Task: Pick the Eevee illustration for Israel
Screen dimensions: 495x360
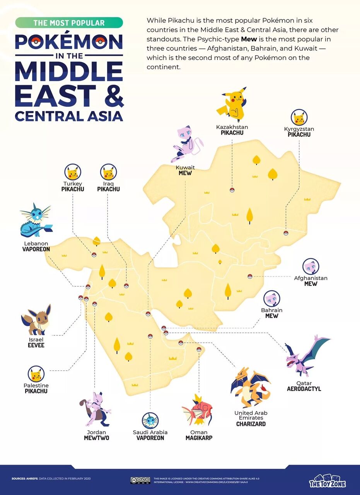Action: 36,320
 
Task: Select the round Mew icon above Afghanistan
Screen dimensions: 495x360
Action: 311,267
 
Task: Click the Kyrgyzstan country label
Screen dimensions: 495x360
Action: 299,129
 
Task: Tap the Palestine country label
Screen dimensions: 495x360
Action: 36,386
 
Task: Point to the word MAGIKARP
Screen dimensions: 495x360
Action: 199,438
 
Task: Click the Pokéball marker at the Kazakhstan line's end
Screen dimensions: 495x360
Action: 232,189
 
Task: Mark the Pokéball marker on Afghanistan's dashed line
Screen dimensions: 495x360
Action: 250,276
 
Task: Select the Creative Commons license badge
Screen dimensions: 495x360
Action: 140,480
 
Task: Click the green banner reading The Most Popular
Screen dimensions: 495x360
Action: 69,23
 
